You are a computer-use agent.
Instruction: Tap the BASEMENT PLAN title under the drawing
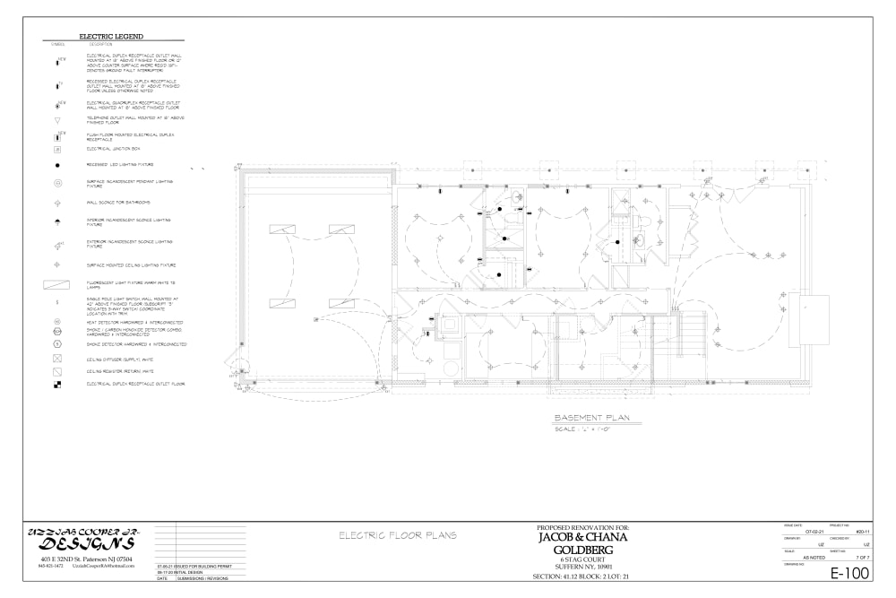(591, 419)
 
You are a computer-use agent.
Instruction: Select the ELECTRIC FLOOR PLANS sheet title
(397, 535)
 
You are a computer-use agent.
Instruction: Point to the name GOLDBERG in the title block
(583, 549)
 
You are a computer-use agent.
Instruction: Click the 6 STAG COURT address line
(583, 559)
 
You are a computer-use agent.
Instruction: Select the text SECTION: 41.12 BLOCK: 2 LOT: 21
(583, 576)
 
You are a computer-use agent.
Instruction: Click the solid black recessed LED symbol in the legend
(57, 166)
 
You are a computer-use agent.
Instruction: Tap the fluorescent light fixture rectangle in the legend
(57, 285)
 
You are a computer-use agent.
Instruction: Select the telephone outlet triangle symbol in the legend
(57, 119)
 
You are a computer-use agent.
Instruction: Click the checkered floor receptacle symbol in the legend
(57, 384)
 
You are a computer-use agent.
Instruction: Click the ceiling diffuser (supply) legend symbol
(57, 358)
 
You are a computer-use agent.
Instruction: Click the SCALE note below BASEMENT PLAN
(582, 429)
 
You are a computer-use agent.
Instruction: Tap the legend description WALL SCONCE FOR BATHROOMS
(118, 203)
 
